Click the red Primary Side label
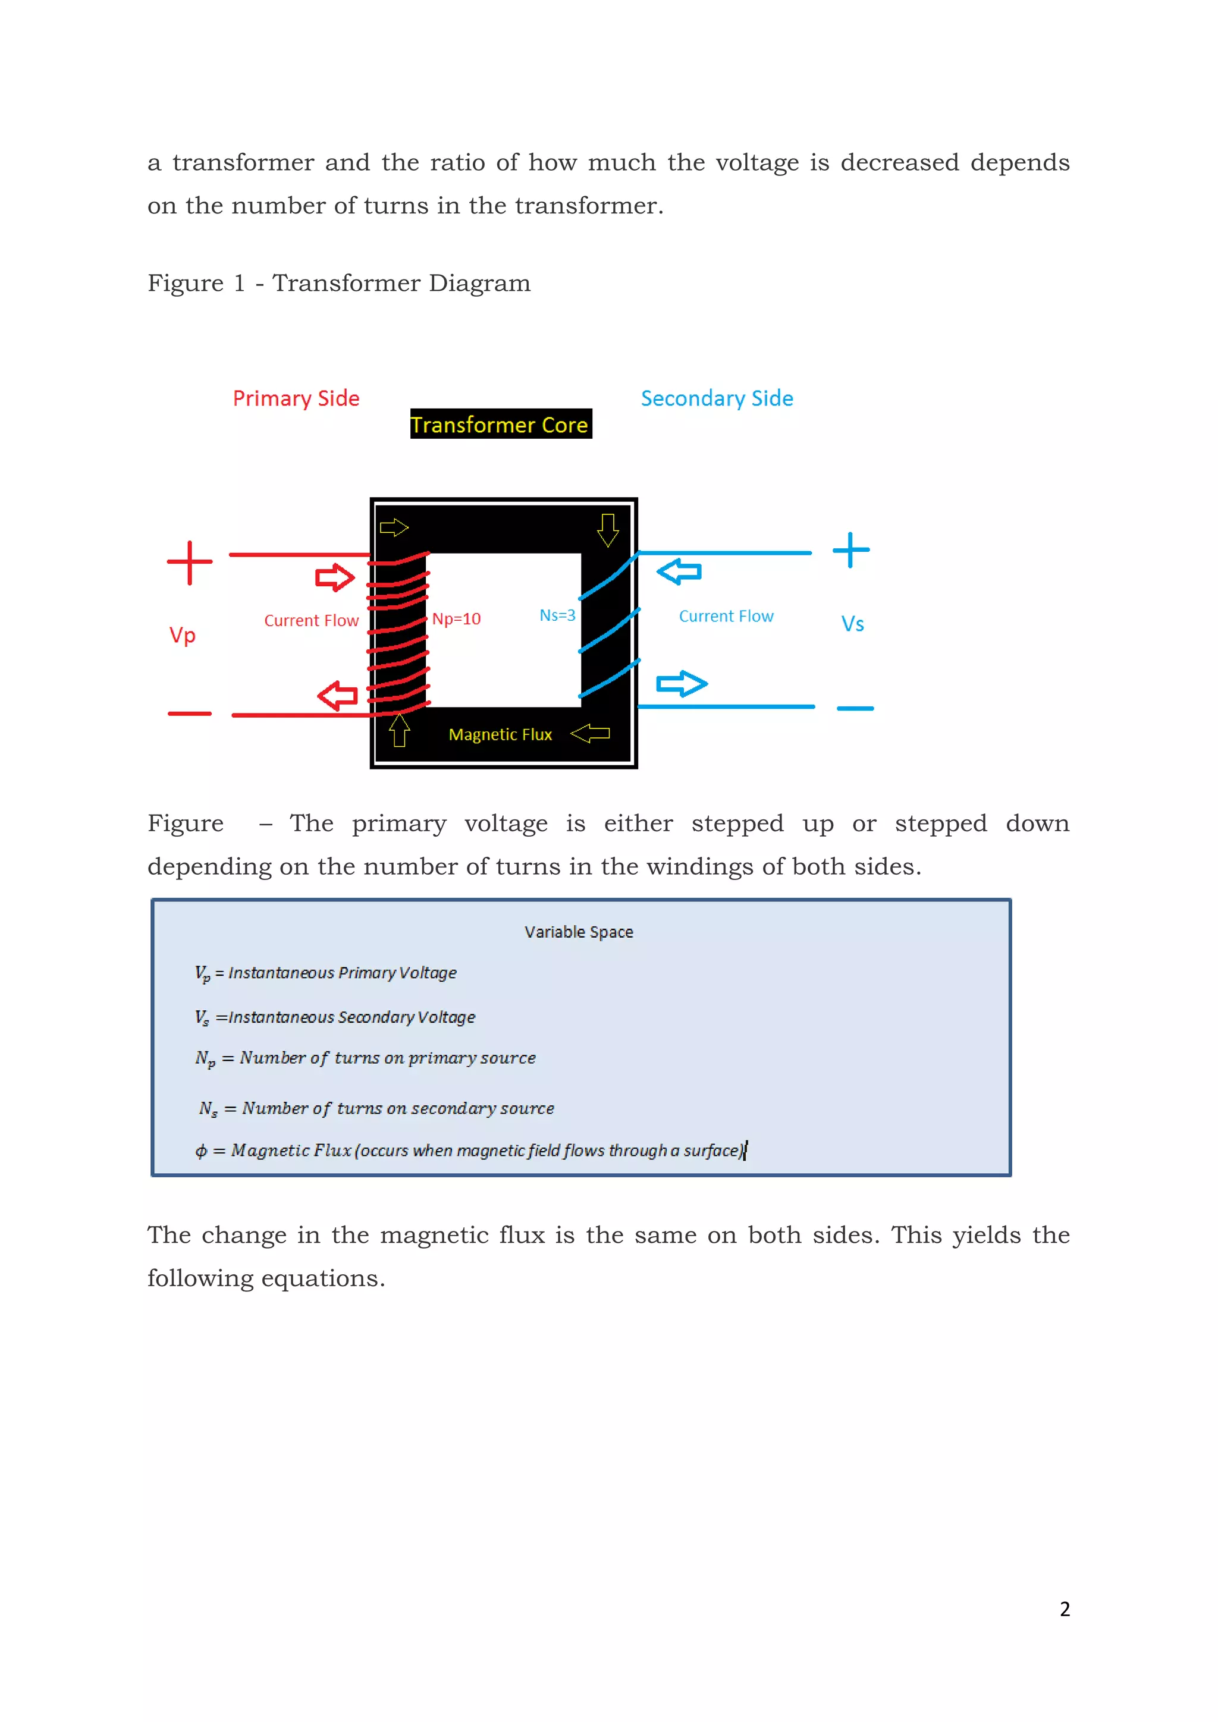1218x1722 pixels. [x=296, y=398]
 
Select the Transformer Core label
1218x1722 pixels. [x=500, y=425]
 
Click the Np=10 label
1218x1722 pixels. [x=456, y=619]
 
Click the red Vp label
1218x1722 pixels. [x=182, y=635]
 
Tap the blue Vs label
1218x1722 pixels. [x=852, y=624]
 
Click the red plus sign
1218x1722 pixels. [x=190, y=562]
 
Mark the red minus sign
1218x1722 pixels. [x=190, y=714]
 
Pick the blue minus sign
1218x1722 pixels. [x=855, y=708]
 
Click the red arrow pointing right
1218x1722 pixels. [x=334, y=577]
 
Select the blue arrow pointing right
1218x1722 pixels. [x=682, y=683]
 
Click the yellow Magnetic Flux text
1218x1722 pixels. [x=500, y=735]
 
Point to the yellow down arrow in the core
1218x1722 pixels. [x=607, y=529]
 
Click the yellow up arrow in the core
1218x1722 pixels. [x=399, y=730]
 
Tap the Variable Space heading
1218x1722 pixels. [x=578, y=932]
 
